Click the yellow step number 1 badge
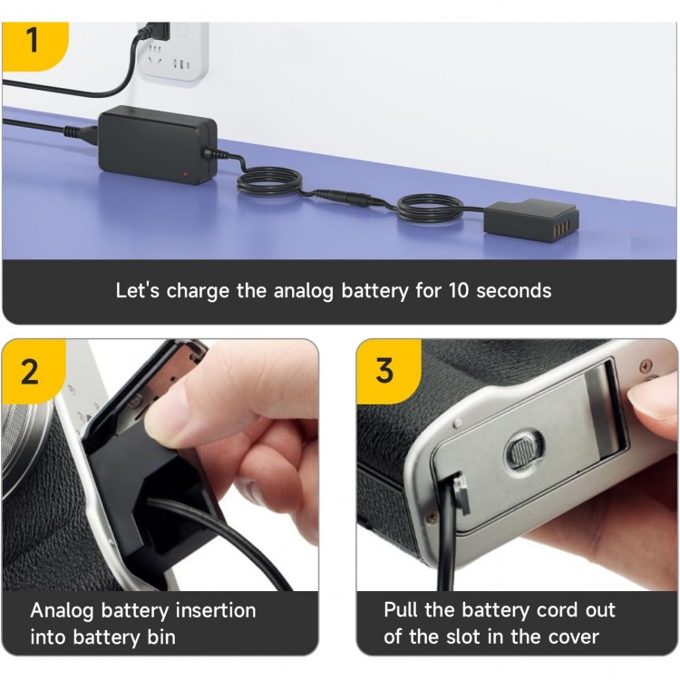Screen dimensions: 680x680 tap(34, 45)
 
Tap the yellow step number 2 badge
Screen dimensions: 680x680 tap(33, 371)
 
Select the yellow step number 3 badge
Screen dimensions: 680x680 tap(387, 371)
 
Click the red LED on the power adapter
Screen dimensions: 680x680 tap(185, 174)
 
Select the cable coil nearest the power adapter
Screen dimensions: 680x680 tap(270, 183)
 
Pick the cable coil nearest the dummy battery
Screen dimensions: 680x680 tap(430, 209)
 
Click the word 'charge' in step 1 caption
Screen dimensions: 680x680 tap(198, 291)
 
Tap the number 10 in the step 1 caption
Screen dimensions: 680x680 tap(459, 290)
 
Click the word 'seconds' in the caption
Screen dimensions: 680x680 tap(514, 290)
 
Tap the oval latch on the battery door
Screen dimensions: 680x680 tap(524, 450)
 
